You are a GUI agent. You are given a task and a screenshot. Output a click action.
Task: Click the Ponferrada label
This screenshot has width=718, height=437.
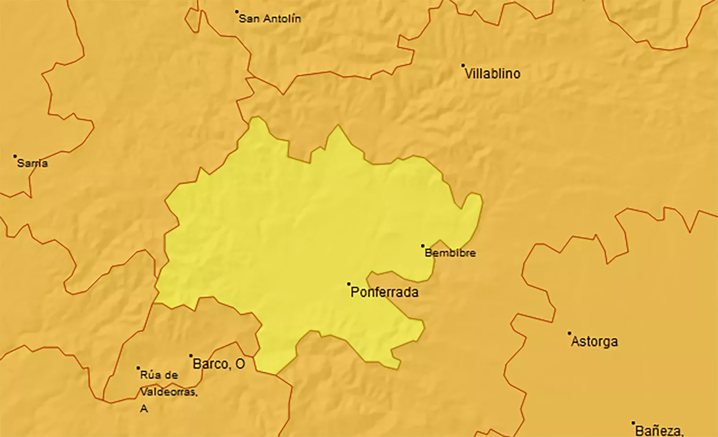(384, 292)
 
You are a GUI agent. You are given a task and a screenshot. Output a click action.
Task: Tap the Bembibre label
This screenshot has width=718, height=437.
(450, 253)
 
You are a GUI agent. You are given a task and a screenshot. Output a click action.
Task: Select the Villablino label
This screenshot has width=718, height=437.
(493, 74)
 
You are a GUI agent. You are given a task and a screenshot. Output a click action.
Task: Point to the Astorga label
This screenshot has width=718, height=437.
(595, 341)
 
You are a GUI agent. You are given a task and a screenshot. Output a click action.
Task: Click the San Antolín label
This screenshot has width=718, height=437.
(270, 19)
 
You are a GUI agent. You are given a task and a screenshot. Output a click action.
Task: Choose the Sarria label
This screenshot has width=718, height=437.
(33, 163)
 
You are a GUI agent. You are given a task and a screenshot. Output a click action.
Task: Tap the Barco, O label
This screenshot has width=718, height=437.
(219, 364)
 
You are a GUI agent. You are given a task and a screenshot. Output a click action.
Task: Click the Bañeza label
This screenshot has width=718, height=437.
(659, 430)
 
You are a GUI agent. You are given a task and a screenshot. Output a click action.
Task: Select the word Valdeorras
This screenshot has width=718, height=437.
(168, 392)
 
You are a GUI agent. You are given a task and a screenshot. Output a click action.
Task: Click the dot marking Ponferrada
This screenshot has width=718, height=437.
(349, 284)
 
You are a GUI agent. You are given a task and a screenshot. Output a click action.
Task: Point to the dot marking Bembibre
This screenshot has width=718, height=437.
(423, 246)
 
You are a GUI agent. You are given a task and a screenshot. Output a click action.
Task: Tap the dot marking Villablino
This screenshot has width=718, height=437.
(463, 66)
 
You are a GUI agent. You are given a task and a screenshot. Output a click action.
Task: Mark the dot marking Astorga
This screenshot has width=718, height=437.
(569, 333)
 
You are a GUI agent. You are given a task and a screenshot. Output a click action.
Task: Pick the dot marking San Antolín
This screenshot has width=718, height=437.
(236, 11)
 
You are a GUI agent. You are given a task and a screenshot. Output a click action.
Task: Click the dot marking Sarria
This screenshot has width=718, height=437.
(15, 156)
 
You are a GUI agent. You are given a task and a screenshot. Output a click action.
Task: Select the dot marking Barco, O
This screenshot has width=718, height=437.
(191, 356)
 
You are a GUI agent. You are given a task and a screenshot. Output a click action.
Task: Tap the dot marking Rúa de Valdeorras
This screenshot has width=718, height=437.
(138, 368)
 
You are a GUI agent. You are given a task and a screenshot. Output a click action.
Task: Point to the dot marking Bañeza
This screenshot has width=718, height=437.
(633, 423)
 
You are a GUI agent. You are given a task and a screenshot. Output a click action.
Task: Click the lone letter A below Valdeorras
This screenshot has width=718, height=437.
(144, 409)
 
